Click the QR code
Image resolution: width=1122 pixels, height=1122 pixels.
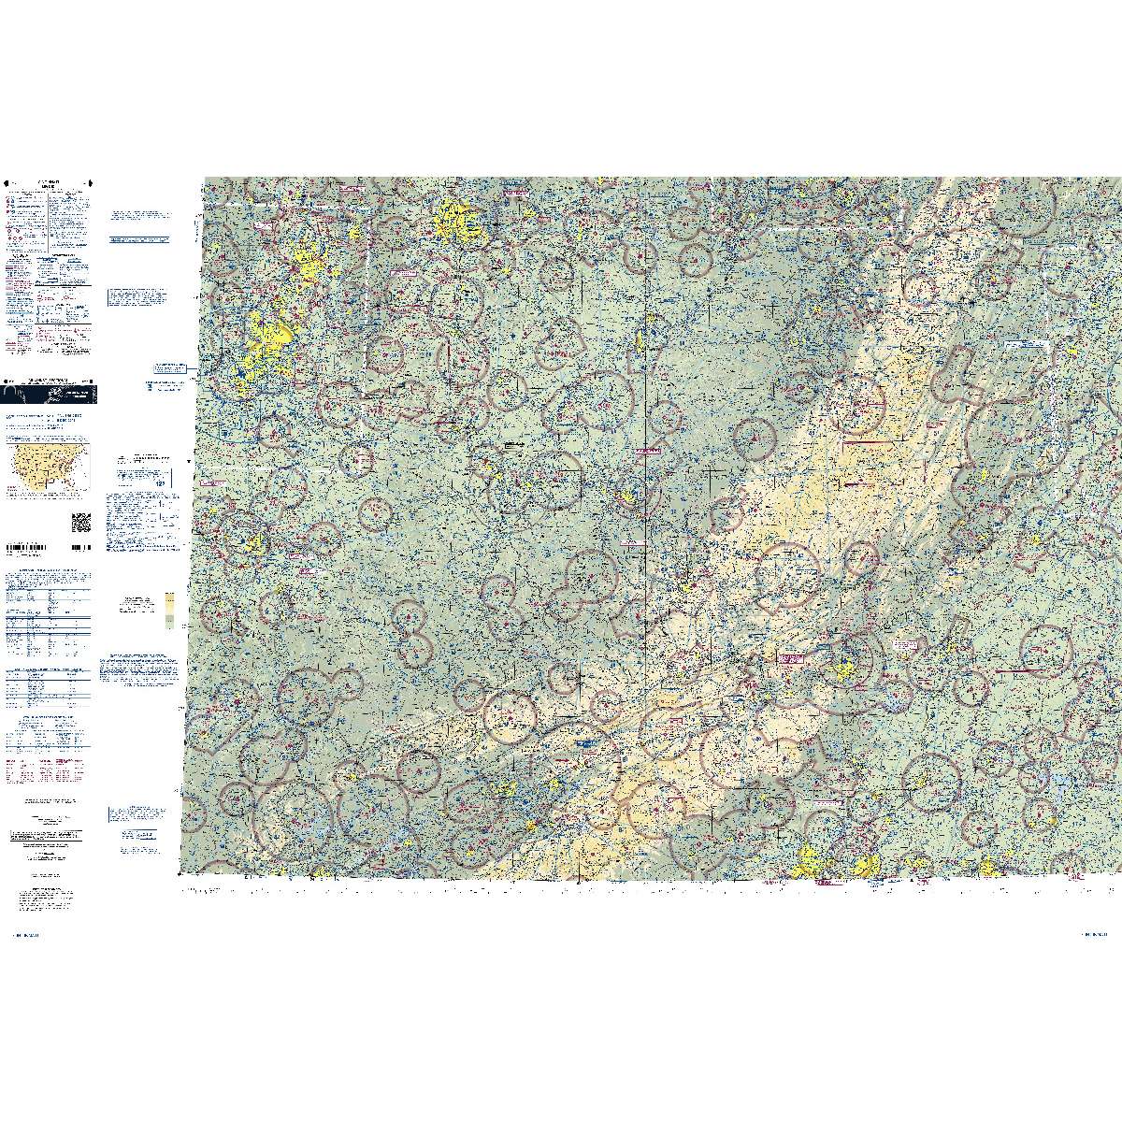pyautogui.click(x=81, y=522)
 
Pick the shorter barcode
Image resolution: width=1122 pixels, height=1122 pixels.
pyautogui.click(x=80, y=547)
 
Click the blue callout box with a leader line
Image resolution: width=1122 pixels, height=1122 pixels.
pyautogui.click(x=168, y=369)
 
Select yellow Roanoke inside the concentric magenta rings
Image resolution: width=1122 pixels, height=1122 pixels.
pyautogui.click(x=845, y=666)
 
